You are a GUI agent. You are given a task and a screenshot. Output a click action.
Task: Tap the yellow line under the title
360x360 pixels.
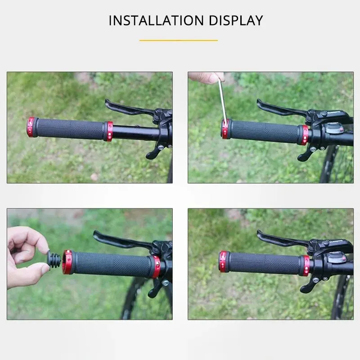179,40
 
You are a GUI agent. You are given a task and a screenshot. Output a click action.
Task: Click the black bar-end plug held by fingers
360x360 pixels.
54,260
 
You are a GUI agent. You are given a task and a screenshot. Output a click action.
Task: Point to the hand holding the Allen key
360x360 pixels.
206,77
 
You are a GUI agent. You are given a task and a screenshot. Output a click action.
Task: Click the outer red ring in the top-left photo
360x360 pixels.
31,127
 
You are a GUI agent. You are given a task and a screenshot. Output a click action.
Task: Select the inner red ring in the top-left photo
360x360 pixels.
108,131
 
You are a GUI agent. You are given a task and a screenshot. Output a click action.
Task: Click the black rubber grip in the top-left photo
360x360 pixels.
70,129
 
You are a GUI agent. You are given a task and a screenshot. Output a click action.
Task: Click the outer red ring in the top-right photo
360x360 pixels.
225,129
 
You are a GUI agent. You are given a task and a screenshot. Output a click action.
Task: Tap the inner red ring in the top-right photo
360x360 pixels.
305,135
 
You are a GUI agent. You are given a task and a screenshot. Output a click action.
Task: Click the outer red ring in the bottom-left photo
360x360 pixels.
67,262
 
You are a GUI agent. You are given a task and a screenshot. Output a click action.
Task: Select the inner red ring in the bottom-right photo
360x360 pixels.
306,265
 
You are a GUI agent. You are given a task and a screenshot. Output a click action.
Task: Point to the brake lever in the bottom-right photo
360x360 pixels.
279,239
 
